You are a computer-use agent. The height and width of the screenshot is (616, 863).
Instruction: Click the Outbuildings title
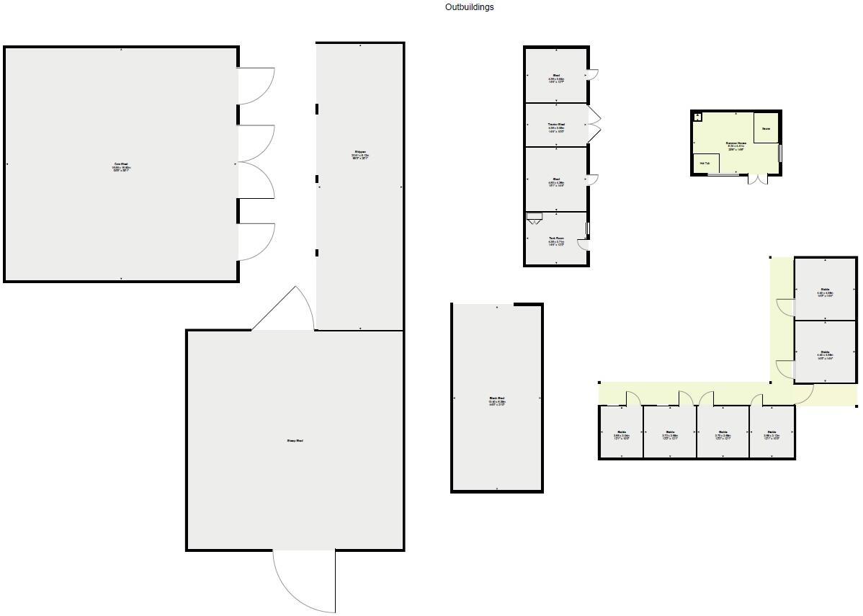469,7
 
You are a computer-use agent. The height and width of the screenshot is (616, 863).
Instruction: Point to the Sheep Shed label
295,440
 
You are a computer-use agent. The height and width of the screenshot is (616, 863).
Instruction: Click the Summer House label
735,143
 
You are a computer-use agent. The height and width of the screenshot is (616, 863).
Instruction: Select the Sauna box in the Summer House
766,128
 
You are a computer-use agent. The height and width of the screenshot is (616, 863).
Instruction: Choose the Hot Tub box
705,164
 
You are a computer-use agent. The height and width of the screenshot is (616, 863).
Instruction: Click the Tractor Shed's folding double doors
594,125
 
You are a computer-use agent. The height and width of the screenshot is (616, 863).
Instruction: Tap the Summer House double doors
757,179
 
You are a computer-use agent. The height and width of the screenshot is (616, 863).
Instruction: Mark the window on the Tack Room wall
588,229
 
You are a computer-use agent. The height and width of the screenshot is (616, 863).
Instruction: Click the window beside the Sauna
780,153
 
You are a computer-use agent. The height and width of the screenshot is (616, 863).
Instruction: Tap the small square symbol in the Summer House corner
697,117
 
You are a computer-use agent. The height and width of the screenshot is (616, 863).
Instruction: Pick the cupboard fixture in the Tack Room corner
534,217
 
